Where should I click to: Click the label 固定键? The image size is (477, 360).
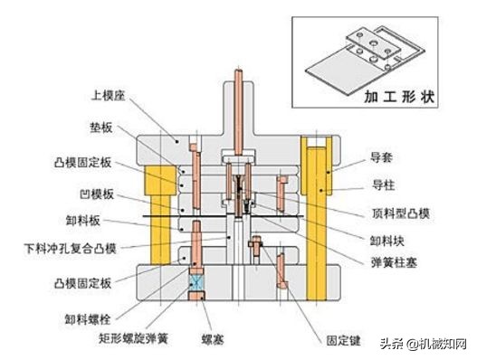click(343, 342)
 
